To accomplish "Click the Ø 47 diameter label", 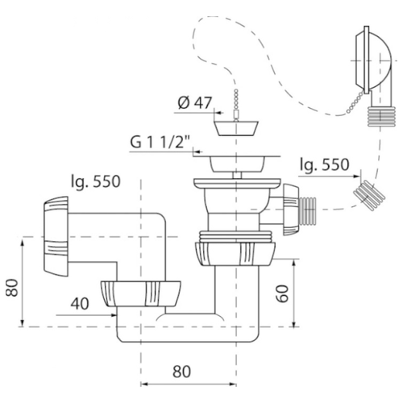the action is [195, 102].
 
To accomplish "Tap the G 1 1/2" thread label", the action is [160, 142].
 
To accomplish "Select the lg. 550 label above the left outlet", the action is [96, 182].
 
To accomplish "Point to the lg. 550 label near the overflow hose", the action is [325, 164].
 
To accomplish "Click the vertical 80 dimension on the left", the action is [12, 288].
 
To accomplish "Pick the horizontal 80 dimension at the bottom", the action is [181, 372].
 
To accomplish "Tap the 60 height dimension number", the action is [283, 294].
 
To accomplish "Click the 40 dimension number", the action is [80, 304].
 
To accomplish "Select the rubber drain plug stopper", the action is [236, 128].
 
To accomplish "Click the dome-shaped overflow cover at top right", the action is [372, 60].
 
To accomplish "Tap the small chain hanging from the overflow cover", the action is [355, 102].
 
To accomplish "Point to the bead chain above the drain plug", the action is [236, 103].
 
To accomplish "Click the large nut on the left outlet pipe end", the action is [56, 236].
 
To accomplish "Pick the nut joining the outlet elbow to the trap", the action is [141, 294].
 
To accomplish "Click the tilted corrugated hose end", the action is [369, 195].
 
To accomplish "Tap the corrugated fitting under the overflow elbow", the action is [381, 116].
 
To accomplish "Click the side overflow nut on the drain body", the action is [291, 210].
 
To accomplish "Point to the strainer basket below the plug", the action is [236, 163].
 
